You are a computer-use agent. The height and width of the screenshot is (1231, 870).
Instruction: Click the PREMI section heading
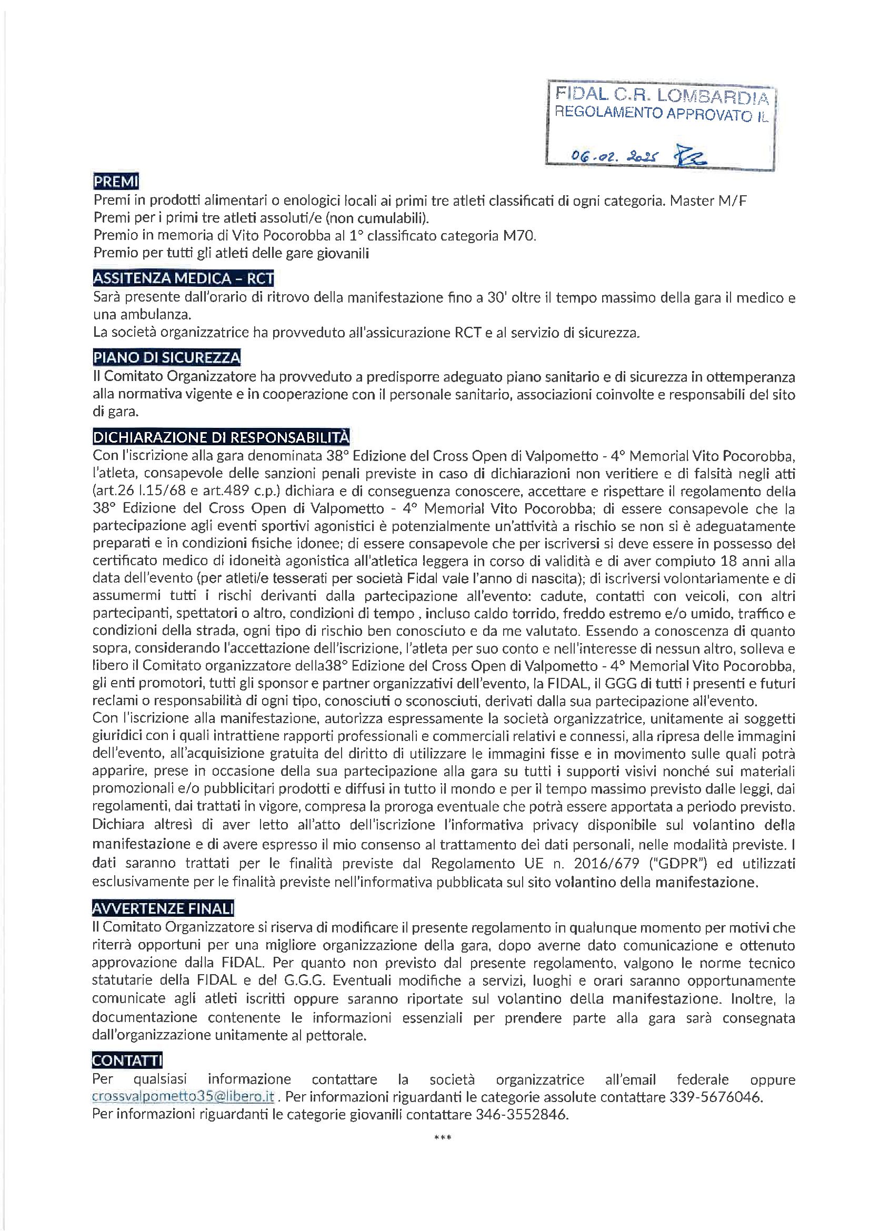tap(116, 182)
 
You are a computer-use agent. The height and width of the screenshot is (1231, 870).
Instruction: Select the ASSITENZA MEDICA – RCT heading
tap(183, 278)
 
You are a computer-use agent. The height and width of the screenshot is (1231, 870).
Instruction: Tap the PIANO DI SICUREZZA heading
tap(167, 357)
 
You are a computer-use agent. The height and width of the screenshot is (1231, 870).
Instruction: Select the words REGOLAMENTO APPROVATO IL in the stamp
tap(661, 114)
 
